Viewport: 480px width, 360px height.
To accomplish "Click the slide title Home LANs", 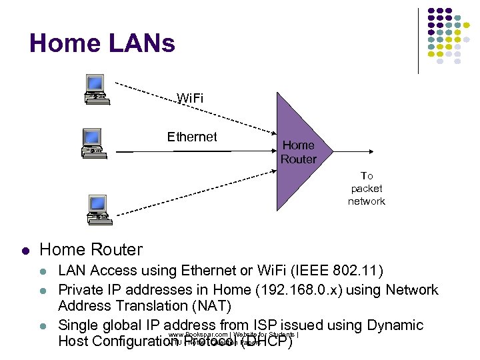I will (x=102, y=44).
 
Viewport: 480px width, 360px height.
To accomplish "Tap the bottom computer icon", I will (x=97, y=207).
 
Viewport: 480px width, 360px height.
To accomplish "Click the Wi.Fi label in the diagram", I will (x=190, y=99).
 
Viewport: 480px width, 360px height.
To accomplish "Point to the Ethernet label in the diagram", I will (x=192, y=137).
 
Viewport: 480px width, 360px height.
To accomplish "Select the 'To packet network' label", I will (x=366, y=189).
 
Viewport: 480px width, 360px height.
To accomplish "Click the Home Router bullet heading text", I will (x=91, y=249).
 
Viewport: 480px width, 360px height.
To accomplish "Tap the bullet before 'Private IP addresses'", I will (x=43, y=290).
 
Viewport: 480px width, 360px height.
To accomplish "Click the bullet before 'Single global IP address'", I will (x=43, y=326).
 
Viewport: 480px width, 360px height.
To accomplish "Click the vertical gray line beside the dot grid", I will (x=418, y=40).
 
